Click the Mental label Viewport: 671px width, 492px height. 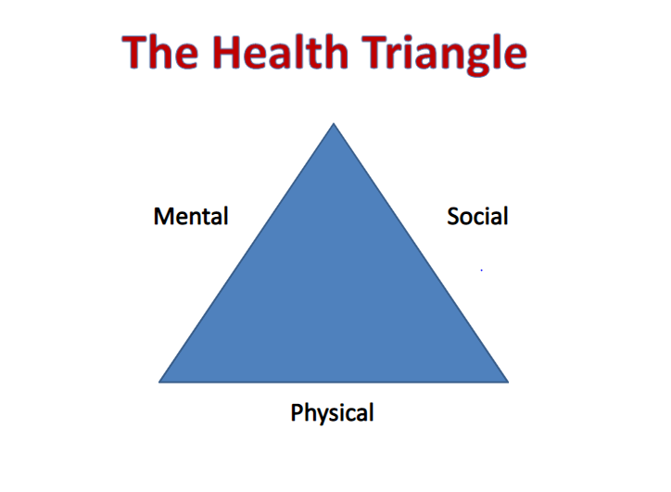coord(191,217)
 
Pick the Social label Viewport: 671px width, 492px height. coord(477,217)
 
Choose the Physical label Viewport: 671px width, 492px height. coord(333,412)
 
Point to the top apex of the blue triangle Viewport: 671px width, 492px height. coord(334,124)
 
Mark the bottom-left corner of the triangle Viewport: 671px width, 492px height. coord(161,381)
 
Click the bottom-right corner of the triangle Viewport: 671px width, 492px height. coord(507,381)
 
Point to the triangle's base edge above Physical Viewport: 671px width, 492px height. coord(334,381)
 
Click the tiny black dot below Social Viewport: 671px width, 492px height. coord(481,270)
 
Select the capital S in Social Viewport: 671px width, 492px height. coord(453,217)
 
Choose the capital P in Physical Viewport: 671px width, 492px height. coord(298,412)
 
